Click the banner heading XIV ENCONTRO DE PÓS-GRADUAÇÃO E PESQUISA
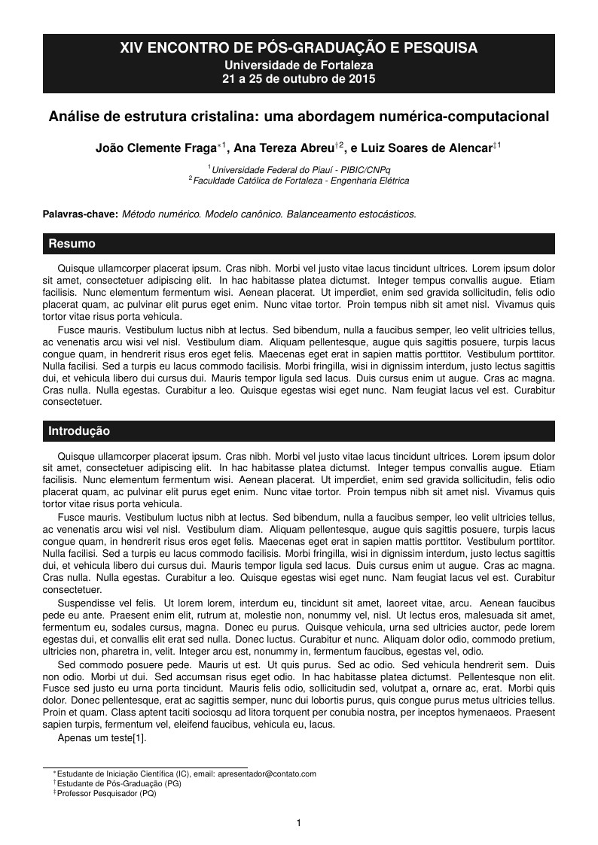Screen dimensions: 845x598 click(x=299, y=48)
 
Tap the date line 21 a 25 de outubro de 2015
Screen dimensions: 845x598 click(x=299, y=78)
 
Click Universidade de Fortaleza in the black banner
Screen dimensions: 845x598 click(x=299, y=65)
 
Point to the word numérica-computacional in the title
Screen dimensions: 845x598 click(x=468, y=117)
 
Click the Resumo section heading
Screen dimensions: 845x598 click(x=72, y=244)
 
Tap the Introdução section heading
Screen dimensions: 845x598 click(x=79, y=431)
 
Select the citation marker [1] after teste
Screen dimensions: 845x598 click(x=139, y=738)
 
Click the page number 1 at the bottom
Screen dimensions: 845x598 click(x=299, y=823)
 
